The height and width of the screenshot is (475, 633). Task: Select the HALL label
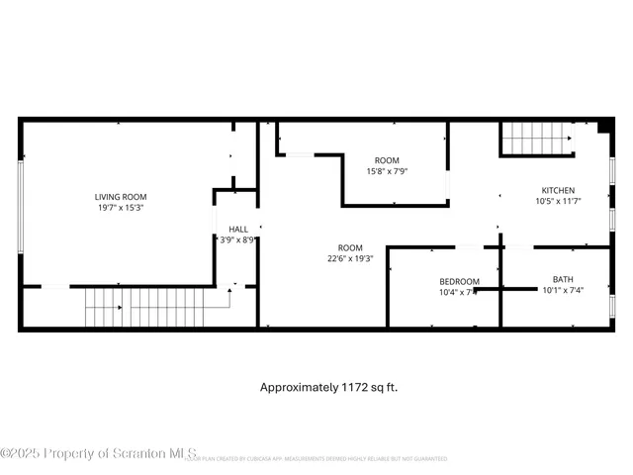238,229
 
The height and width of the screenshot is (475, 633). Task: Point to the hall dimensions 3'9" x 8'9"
238,239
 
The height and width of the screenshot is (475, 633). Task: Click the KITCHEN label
557,190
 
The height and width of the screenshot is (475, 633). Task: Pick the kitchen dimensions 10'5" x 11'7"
557,201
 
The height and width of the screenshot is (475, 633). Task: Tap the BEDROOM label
459,281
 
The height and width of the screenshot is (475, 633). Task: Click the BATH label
563,280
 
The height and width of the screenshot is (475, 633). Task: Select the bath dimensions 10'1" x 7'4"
564,291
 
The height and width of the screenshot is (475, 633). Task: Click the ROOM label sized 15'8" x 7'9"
386,160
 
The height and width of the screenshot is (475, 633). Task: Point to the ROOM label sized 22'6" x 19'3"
350,247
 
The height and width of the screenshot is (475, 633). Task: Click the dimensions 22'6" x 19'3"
350,258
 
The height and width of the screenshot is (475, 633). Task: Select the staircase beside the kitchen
535,139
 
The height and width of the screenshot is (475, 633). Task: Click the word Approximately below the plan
298,387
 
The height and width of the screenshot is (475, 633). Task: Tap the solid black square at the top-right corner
604,127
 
